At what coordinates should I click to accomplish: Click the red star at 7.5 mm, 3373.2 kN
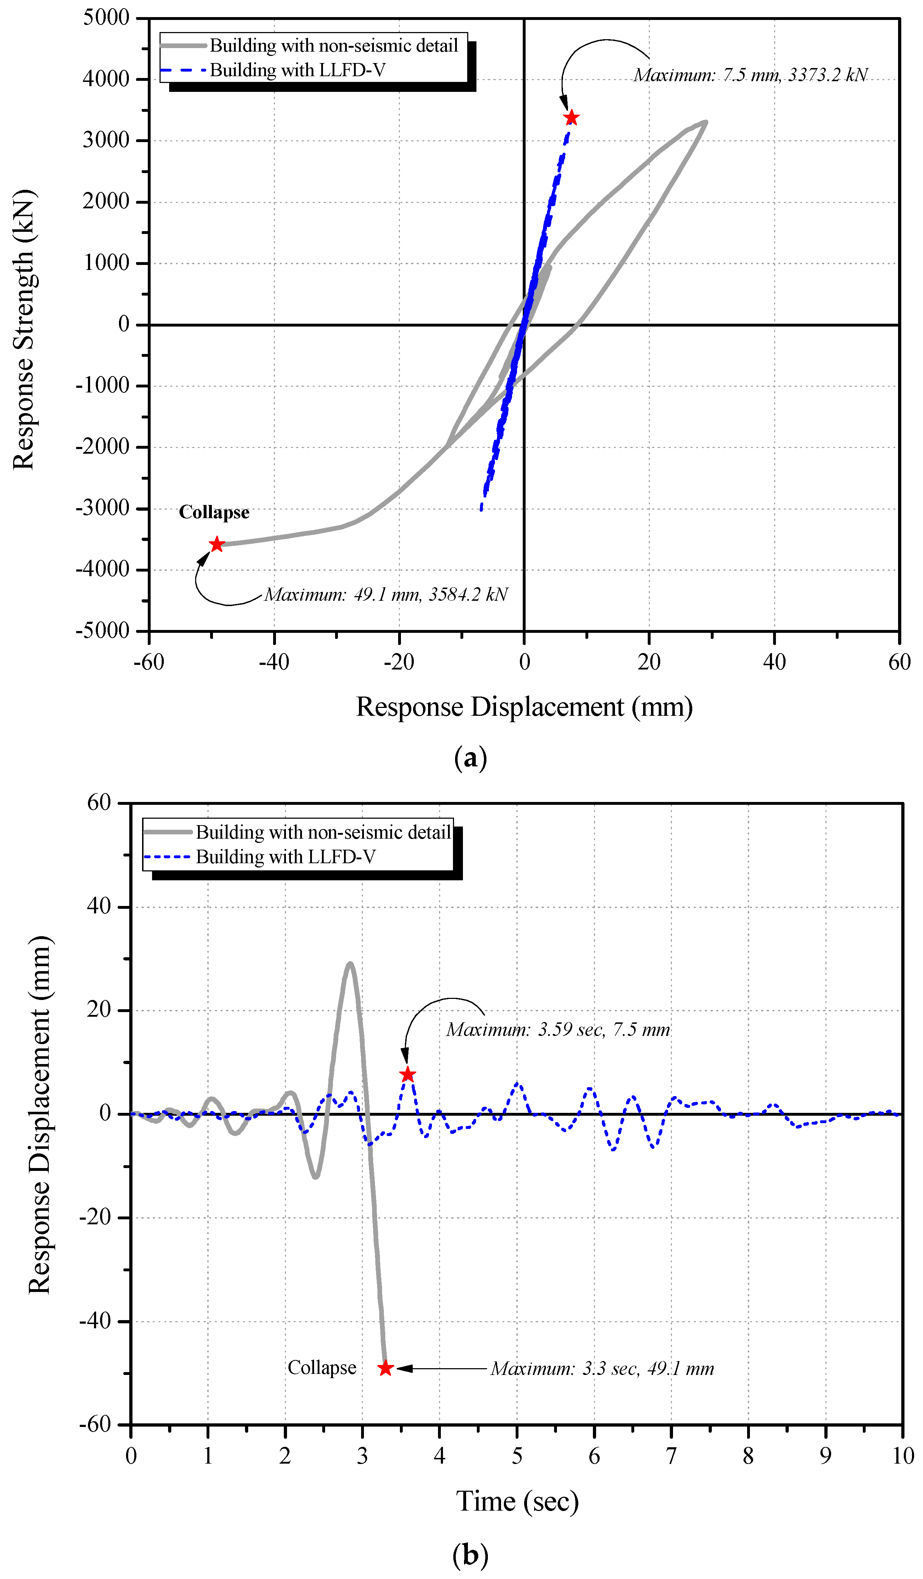coord(571,118)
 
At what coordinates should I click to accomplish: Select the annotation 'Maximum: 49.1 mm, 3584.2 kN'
coord(386,594)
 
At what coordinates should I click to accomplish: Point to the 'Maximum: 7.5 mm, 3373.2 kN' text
coord(751,75)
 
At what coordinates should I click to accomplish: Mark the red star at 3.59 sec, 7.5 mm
coord(407,1075)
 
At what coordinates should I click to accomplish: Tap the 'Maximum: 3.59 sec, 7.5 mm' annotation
coord(558,1030)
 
